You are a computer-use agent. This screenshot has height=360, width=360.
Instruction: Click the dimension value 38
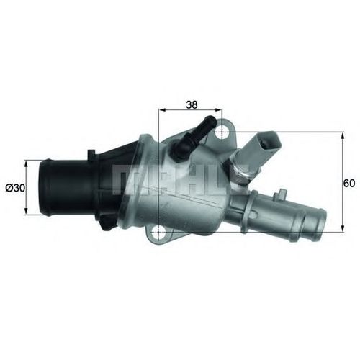pos(192,104)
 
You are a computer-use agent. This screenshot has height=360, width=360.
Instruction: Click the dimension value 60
pos(349,184)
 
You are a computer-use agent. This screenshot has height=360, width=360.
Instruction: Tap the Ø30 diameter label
pos(15,188)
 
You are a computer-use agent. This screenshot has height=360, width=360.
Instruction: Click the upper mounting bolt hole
pos(222,132)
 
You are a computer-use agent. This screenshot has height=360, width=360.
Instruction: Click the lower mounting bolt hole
pos(158,233)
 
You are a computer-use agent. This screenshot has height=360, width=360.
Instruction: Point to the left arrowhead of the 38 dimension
pos(163,109)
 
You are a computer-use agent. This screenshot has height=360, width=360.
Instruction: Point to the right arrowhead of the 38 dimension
pos(218,109)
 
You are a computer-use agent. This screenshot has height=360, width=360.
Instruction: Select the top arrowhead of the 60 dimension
pos(343,136)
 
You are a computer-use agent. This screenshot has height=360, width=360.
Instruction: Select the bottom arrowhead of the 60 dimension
pos(343,228)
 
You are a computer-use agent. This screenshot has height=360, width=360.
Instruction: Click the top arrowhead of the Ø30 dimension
pos(26,164)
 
